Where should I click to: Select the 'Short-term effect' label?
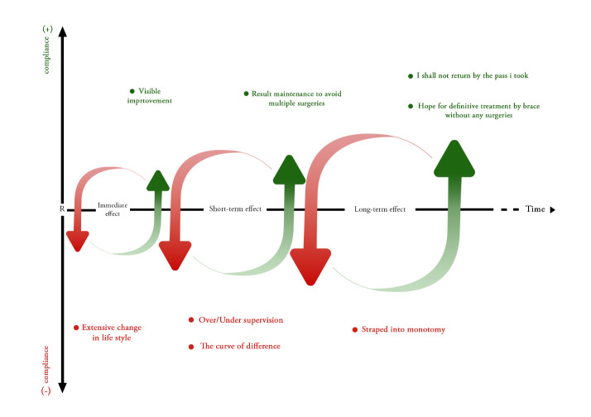point(235,209)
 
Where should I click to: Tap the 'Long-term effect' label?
point(379,209)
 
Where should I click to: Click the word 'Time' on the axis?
point(535,209)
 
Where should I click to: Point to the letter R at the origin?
point(62,209)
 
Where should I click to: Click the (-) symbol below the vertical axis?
point(47,390)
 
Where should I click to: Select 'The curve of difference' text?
point(240,346)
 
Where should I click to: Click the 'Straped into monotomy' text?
point(404,329)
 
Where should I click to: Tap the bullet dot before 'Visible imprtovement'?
point(132,91)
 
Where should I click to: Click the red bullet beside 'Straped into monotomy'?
point(355,329)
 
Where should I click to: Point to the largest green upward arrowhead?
point(454,159)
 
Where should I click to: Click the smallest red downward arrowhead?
point(78,241)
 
